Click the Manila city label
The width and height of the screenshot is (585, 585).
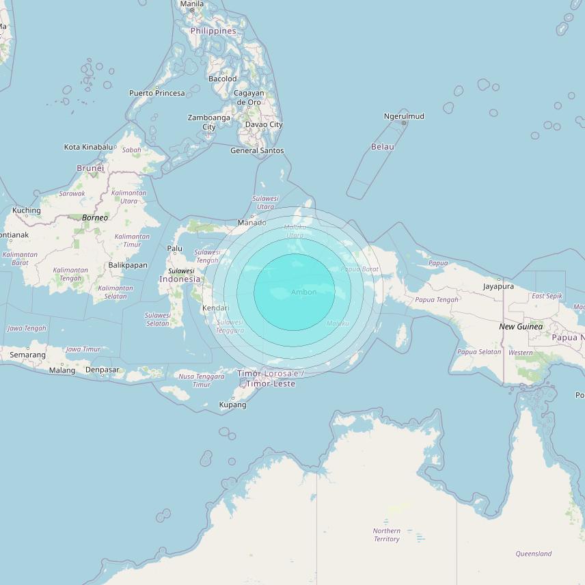(191, 4)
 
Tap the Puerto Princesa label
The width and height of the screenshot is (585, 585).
(157, 93)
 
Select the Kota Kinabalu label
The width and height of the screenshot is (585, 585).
(88, 147)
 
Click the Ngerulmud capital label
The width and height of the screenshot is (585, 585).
(403, 116)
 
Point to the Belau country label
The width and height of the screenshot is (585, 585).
(383, 147)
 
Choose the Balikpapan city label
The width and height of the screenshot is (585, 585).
(127, 265)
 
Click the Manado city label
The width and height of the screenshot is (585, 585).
(251, 223)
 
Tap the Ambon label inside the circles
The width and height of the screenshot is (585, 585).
(303, 292)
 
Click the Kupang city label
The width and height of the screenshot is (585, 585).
(232, 405)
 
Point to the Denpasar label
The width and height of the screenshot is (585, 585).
(102, 370)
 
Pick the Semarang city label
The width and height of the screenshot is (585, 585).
(27, 355)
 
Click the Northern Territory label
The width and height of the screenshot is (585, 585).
(387, 535)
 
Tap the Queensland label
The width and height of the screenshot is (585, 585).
(534, 554)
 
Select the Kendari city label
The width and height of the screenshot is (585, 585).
(215, 308)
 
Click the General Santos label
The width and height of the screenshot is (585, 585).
(257, 150)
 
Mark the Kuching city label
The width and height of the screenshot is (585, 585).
(27, 210)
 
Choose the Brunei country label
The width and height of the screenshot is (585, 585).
(90, 168)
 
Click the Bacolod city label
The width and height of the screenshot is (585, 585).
(223, 79)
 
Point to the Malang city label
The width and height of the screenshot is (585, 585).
(62, 370)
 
